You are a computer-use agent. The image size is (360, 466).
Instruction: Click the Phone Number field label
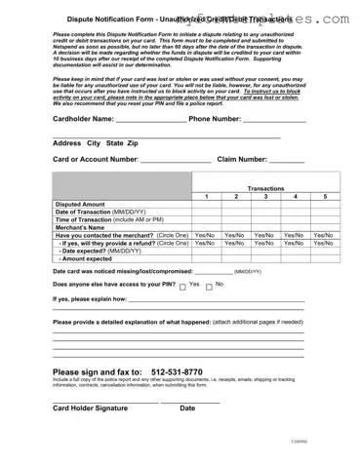click(215, 119)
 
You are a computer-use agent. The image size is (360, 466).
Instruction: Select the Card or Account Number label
click(96, 159)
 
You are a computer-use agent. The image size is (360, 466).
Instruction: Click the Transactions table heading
click(265, 188)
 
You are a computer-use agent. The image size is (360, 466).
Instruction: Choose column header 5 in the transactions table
click(325, 197)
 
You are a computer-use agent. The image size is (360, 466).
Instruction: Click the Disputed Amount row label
click(80, 205)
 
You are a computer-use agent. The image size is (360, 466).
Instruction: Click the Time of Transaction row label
click(108, 219)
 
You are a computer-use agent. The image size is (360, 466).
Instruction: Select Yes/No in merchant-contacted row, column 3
click(264, 235)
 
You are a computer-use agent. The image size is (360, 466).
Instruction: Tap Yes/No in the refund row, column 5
click(324, 243)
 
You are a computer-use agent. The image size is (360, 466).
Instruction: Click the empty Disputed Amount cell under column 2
click(235, 205)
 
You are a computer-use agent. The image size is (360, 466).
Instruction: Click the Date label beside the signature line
click(187, 408)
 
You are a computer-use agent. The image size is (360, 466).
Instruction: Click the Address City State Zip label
click(95, 143)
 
